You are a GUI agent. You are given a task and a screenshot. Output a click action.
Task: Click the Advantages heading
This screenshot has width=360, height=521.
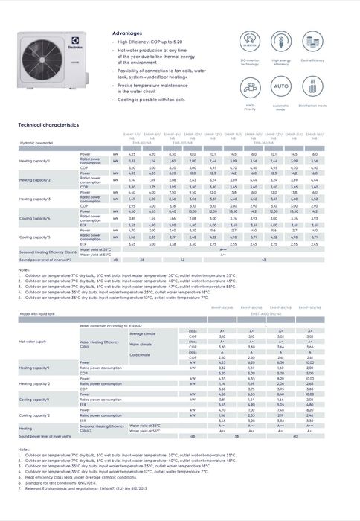point(128,34)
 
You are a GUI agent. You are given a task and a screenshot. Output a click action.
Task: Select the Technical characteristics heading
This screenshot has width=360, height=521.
point(48,125)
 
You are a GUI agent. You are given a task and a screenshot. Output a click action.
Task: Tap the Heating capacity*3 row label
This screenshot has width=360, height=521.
point(34,199)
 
